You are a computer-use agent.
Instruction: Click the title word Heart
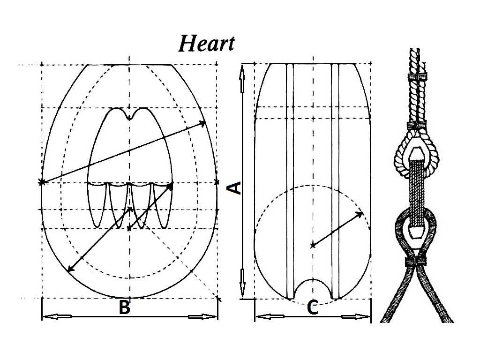(x=206, y=44)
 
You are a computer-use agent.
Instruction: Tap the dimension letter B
(x=124, y=307)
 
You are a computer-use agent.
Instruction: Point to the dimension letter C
(x=313, y=308)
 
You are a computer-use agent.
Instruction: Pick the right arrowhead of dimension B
(x=210, y=317)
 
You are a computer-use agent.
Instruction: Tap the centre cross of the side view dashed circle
(x=313, y=245)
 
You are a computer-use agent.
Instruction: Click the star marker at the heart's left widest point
(x=42, y=182)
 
